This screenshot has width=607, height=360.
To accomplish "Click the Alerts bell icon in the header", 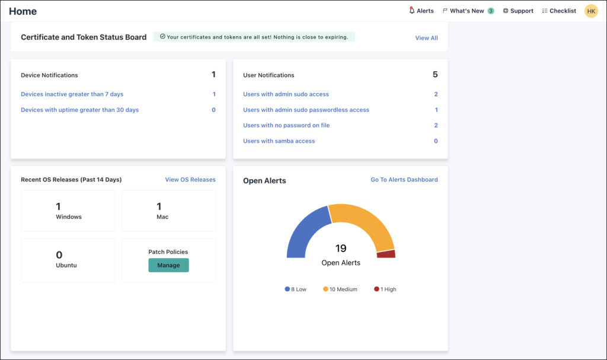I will click(x=412, y=11).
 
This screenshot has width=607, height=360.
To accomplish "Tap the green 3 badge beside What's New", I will click(x=491, y=11).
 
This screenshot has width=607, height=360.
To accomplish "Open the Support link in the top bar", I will click(x=518, y=11).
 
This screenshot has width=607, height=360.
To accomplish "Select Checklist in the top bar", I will click(x=559, y=11).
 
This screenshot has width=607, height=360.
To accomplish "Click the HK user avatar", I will click(x=591, y=11).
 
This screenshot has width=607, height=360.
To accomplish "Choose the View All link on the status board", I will click(x=426, y=38).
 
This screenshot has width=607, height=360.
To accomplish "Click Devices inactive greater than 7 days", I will click(x=72, y=94).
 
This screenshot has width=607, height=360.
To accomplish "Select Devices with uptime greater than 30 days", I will click(x=80, y=110).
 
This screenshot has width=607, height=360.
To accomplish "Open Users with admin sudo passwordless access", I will click(x=306, y=110).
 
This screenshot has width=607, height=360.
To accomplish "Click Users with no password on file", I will click(x=286, y=125).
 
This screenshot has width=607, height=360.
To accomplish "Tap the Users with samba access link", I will click(x=279, y=141).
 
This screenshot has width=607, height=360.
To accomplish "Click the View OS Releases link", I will click(x=190, y=180).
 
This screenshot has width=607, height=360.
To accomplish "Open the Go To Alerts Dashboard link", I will click(x=404, y=180).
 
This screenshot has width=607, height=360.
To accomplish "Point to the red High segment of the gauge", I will click(x=386, y=254).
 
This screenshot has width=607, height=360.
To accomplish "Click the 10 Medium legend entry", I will click(x=340, y=289).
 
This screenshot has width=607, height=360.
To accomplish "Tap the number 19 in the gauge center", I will click(x=341, y=249).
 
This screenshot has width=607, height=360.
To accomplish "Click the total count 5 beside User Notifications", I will click(x=435, y=75).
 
